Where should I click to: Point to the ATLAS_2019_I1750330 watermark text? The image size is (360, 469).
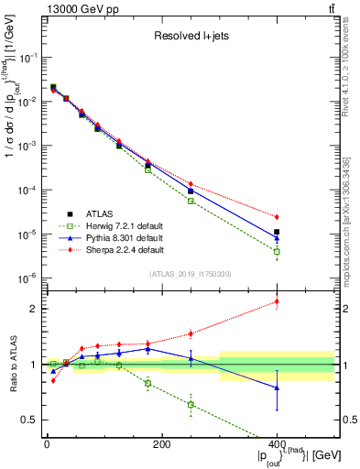coord(191,273)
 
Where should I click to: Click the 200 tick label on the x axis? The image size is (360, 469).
coord(161,443)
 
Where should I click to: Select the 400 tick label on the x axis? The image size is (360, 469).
coord(277,443)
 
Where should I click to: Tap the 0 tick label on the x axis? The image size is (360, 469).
coord(47,443)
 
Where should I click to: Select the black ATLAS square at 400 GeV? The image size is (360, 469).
coord(277,233)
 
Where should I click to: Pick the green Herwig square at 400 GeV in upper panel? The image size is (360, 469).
coord(277,251)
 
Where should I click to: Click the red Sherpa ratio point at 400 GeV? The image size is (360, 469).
coord(277,301)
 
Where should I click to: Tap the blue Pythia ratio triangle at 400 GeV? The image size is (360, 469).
coord(277,387)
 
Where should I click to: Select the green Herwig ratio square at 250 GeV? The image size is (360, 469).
coord(191,404)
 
